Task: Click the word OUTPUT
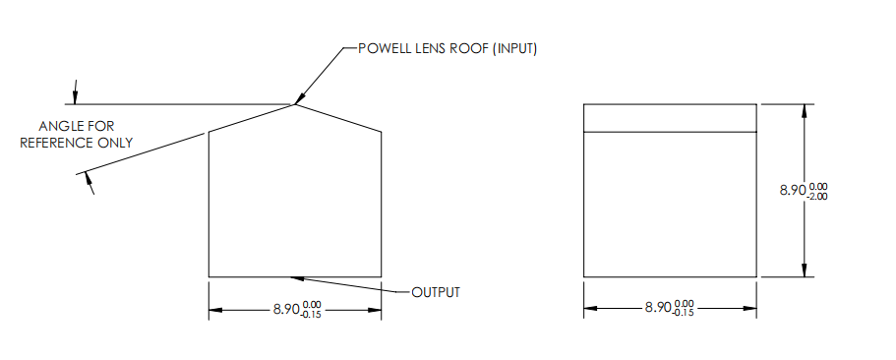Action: pyautogui.click(x=435, y=292)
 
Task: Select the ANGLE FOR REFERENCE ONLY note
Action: pyautogui.click(x=86, y=134)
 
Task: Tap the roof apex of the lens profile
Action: pyautogui.click(x=295, y=103)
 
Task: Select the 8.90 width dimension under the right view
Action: pyautogui.click(x=659, y=308)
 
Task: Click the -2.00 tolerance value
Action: pyautogui.click(x=817, y=196)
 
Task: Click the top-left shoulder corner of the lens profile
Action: pyautogui.click(x=209, y=133)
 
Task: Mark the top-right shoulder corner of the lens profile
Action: pyautogui.click(x=382, y=132)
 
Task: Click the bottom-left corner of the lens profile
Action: pyautogui.click(x=209, y=276)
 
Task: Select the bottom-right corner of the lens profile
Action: pyautogui.click(x=382, y=276)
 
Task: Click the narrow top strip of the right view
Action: pyautogui.click(x=671, y=117)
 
